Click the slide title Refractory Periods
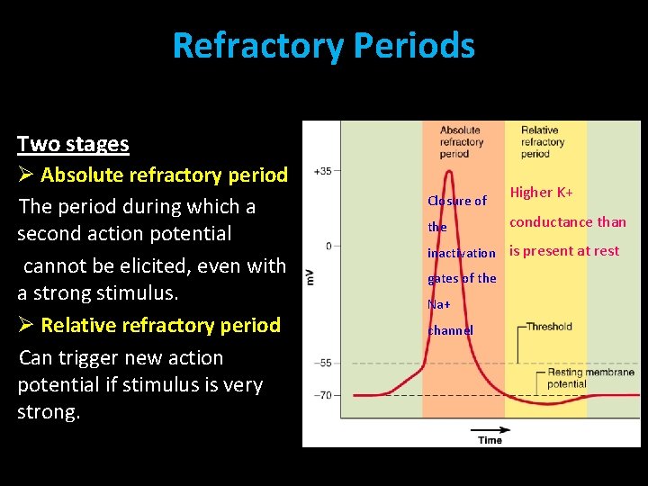(323, 45)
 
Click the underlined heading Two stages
(73, 144)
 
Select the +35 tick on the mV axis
(322, 171)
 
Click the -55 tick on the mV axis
(322, 363)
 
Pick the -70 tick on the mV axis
(322, 394)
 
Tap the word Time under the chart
(490, 440)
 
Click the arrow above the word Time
(490, 429)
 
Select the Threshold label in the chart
(549, 327)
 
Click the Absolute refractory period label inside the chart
(461, 141)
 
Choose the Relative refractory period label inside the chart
(542, 141)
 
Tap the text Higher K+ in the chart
(542, 193)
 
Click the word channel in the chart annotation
(450, 330)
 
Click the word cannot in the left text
(54, 265)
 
